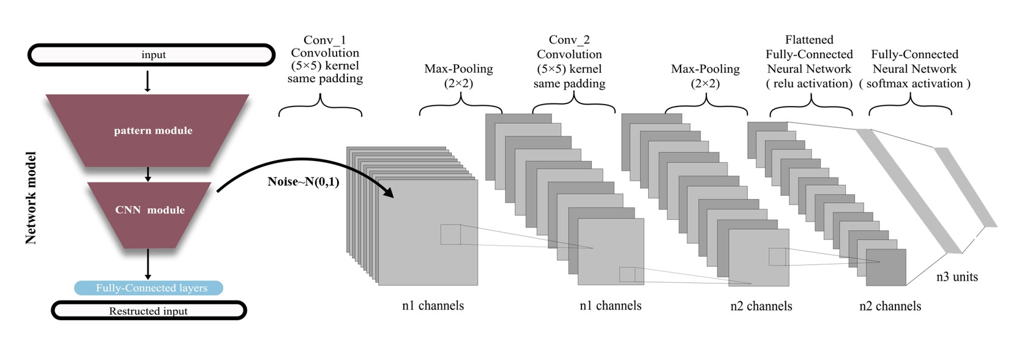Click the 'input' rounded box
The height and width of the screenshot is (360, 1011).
pos(152,55)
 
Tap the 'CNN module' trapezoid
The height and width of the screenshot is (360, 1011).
pos(149,210)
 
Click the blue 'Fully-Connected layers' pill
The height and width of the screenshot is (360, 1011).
pos(149,288)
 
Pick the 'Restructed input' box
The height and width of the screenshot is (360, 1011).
pos(149,311)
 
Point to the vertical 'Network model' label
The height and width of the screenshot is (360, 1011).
pos(31,198)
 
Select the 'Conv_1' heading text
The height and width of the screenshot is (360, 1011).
pos(324,40)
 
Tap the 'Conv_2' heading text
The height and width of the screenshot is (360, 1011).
pos(569,40)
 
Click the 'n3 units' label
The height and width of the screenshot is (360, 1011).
pos(957,277)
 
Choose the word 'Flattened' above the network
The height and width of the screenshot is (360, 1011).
pos(809,40)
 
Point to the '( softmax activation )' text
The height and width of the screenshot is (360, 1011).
pos(914,84)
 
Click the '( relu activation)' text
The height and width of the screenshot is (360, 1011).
pos(809,84)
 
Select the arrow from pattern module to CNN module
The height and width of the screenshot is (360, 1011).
pos(147,174)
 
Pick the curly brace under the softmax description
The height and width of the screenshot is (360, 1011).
pos(910,107)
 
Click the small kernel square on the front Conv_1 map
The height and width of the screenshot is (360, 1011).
pos(450,234)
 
